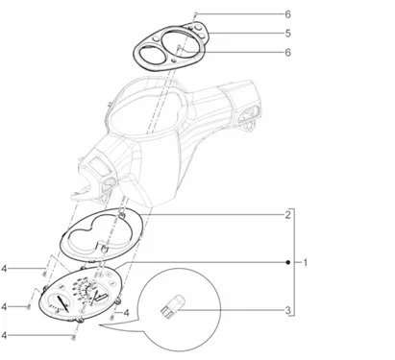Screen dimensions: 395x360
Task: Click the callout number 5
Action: pyautogui.click(x=287, y=34)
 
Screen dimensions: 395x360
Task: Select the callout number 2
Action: pyautogui.click(x=287, y=215)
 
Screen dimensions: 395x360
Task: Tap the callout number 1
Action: pyautogui.click(x=306, y=263)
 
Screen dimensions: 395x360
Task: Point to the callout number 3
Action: pyautogui.click(x=287, y=310)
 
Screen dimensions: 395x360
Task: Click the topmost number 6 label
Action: pyautogui.click(x=287, y=14)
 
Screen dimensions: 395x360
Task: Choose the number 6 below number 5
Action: pyautogui.click(x=287, y=52)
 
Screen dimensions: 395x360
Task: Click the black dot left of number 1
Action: pyautogui.click(x=287, y=262)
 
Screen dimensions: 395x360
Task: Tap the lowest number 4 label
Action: pyautogui.click(x=4, y=335)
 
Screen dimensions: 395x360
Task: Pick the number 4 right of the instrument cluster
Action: pyautogui.click(x=127, y=313)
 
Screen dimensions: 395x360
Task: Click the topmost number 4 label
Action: pyautogui.click(x=4, y=269)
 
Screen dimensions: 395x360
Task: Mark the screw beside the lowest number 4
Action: pyautogui.click(x=74, y=337)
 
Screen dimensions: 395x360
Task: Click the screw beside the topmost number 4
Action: pyautogui.click(x=44, y=274)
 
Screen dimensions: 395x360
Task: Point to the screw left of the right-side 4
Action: pyautogui.click(x=111, y=318)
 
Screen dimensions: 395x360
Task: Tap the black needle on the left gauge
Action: pyautogui.click(x=62, y=303)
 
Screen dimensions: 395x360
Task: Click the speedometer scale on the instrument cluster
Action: pyautogui.click(x=84, y=289)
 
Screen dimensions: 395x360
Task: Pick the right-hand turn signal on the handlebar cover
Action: pyautogui.click(x=248, y=114)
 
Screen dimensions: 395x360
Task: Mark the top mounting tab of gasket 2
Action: pyautogui.click(x=121, y=215)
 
